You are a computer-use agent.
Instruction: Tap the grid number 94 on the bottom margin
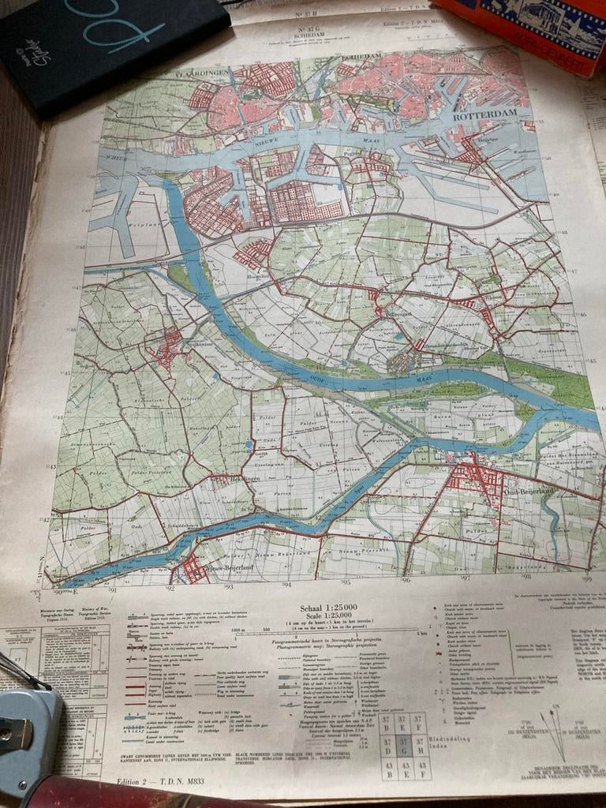pyautogui.click(x=286, y=585)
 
